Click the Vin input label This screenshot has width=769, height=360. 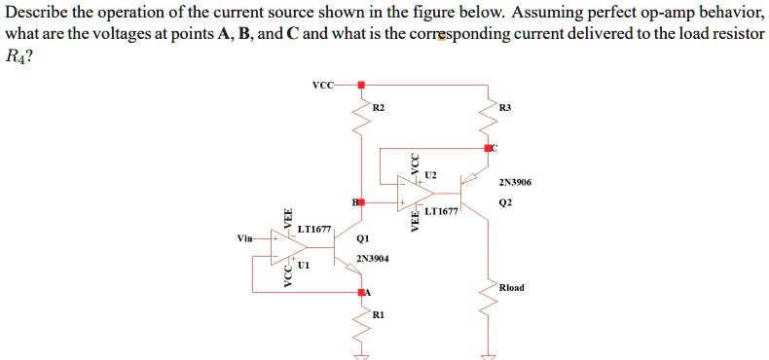244,237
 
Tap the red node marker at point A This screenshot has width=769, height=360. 362,291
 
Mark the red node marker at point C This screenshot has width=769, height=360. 490,148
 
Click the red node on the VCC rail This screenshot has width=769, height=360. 362,86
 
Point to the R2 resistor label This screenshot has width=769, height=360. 380,106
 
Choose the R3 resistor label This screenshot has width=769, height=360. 503,106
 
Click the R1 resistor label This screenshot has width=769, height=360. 379,315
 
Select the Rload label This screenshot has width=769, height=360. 511,287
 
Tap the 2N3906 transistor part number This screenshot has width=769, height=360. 514,182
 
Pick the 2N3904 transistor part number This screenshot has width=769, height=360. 372,259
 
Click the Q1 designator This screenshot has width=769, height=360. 363,237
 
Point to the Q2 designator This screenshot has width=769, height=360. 504,203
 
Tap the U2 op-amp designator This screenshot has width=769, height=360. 431,174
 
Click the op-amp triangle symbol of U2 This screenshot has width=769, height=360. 415,193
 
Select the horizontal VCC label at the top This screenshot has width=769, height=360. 322,86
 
